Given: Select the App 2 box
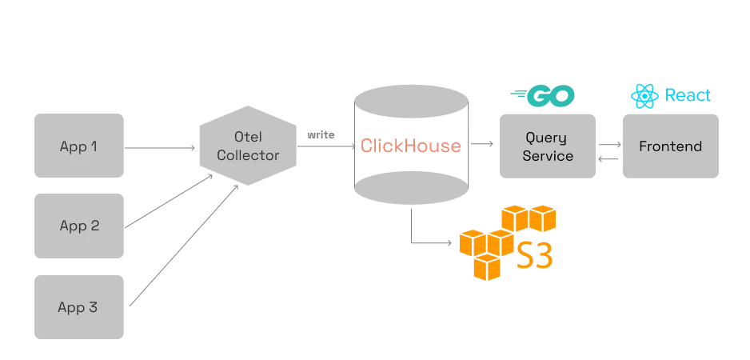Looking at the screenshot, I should click(79, 226).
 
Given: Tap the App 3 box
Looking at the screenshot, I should click(79, 306).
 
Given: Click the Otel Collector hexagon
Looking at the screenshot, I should click(248, 146).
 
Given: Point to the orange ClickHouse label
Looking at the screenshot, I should click(410, 146).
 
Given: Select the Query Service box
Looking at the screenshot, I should click(548, 146).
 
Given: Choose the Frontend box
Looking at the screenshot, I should click(671, 146).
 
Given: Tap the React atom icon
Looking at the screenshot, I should click(643, 96).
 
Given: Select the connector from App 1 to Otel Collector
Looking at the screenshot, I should click(162, 147).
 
